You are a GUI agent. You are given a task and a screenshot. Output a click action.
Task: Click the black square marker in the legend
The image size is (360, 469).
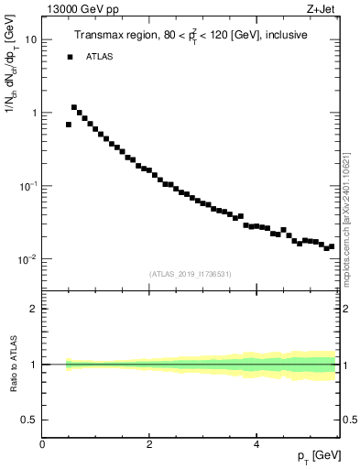69,57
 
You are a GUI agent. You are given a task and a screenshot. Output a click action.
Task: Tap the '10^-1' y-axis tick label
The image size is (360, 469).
28,185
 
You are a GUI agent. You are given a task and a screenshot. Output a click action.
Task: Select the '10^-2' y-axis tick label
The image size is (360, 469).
28,258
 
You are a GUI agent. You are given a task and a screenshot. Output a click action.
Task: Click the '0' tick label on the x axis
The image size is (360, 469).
43,443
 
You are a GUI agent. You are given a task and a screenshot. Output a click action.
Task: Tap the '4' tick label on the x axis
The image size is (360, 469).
257,443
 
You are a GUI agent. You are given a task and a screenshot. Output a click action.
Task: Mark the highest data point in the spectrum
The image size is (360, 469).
74,107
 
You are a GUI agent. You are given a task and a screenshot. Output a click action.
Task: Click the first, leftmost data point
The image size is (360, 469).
69,125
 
